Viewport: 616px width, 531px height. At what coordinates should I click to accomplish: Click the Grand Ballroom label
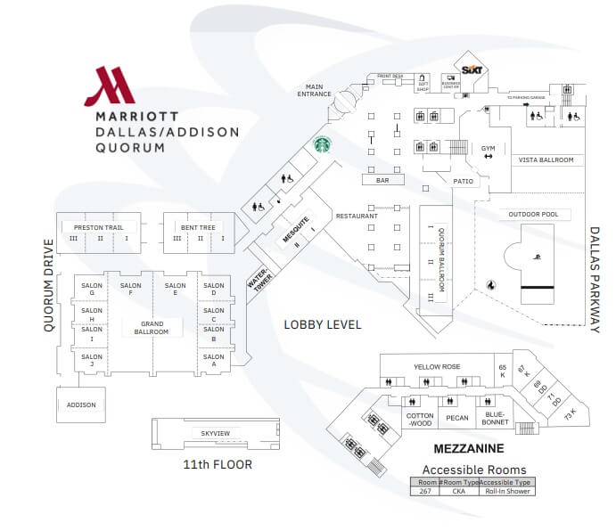coord(151,327)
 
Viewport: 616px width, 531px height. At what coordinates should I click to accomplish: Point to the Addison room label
coord(80,404)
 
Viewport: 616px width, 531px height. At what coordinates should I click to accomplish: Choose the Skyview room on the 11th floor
coord(216,433)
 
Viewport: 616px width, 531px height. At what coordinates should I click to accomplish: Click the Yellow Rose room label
coord(437,366)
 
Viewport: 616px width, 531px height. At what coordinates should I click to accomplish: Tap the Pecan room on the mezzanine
coord(457,418)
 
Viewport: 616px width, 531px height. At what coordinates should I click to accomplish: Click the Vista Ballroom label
coord(546,159)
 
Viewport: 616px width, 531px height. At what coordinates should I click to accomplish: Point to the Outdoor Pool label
coord(533,215)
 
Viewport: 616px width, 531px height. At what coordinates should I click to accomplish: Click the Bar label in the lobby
coord(382,180)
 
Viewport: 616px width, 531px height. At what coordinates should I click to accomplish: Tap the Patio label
coord(463,181)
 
